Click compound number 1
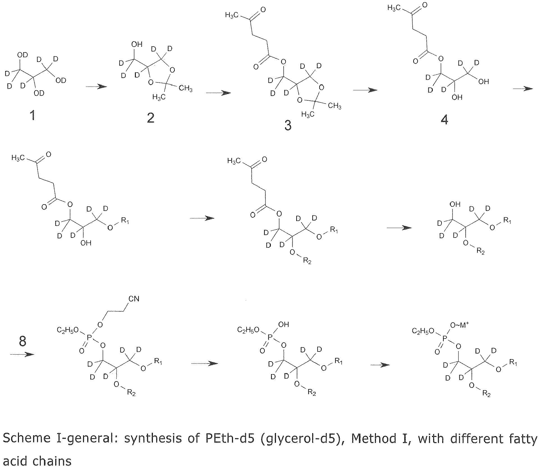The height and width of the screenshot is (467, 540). (33, 115)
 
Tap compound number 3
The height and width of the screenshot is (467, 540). (288, 125)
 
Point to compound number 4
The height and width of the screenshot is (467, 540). (444, 120)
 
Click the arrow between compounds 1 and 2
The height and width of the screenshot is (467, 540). (96, 87)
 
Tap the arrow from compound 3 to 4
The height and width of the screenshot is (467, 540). (365, 90)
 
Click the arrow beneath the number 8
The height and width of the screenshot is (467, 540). (22, 355)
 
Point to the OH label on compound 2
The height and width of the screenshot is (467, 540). (137, 44)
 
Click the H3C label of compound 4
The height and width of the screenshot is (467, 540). (394, 8)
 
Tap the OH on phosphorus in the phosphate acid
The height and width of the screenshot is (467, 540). (284, 325)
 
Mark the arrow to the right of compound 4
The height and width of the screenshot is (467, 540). (523, 88)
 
